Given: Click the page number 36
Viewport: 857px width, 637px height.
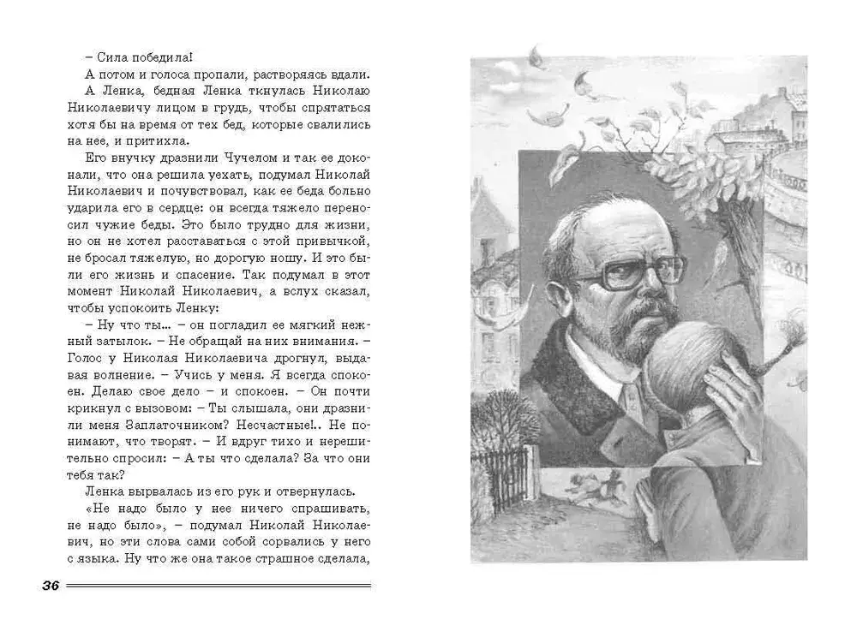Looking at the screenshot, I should point(49,586).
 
